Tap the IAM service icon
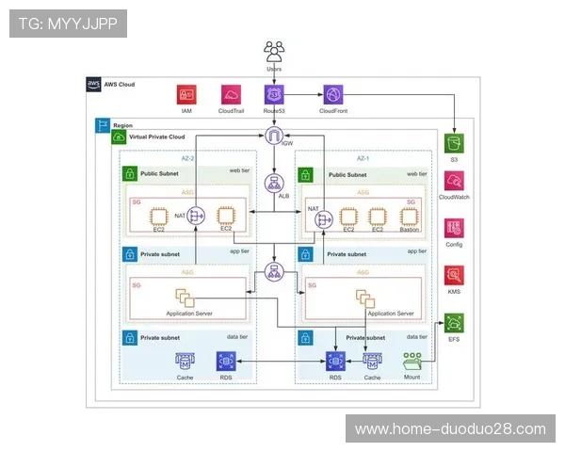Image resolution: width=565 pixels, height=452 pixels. click(186, 94)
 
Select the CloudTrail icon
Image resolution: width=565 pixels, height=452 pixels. click(231, 94)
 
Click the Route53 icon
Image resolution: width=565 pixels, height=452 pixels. click(274, 94)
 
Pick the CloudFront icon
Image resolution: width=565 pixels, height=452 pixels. click(333, 94)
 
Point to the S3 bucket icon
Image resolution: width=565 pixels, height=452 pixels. click(455, 143)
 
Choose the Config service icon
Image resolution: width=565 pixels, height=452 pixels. click(455, 228)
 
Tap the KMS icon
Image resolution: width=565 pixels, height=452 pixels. click(455, 275)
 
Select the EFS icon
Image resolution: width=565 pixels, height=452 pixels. click(455, 321)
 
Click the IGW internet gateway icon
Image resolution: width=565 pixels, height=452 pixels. click(274, 137)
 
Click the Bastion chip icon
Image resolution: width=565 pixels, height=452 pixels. click(407, 215)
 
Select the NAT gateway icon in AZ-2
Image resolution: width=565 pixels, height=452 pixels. click(196, 216)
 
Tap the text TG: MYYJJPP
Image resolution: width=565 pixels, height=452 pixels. click(68, 24)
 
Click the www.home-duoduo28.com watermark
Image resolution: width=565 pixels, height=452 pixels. click(450, 428)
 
